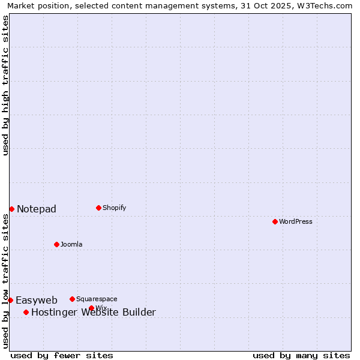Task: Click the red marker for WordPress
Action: click(275, 221)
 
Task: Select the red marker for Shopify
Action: click(98, 208)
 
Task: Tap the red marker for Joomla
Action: click(56, 244)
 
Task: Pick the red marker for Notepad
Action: click(11, 209)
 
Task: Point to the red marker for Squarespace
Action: click(72, 299)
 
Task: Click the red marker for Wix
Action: click(91, 308)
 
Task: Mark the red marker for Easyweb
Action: click(10, 300)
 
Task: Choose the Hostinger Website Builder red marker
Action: click(26, 312)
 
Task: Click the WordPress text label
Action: click(296, 221)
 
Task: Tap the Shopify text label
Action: click(115, 208)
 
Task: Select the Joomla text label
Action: click(71, 244)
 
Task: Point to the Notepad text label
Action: click(37, 209)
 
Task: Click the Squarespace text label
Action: click(97, 299)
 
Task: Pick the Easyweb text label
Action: click(37, 300)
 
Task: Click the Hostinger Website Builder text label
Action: click(94, 312)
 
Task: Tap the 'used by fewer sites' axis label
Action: click(62, 355)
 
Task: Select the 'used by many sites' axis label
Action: click(301, 355)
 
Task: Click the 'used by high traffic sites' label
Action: click(5, 85)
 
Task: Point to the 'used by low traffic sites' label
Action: click(5, 281)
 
